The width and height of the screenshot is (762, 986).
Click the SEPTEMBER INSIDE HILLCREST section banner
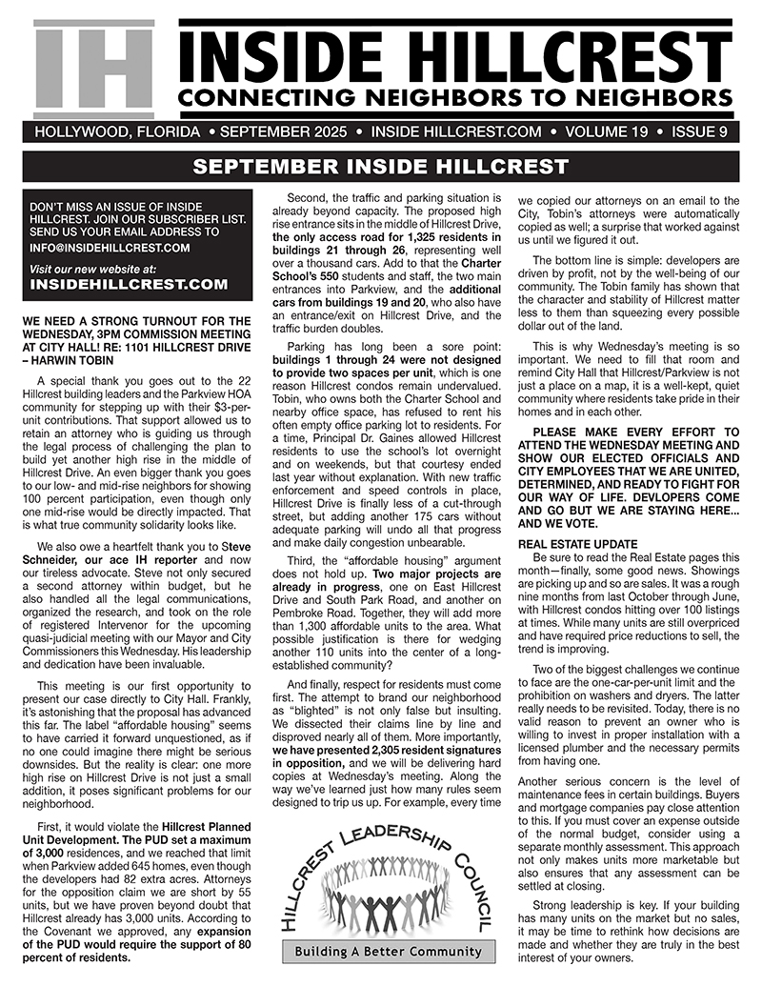380,168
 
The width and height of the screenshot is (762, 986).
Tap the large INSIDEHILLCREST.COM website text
130,284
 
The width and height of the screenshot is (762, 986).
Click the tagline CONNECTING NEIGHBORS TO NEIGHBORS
456,98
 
